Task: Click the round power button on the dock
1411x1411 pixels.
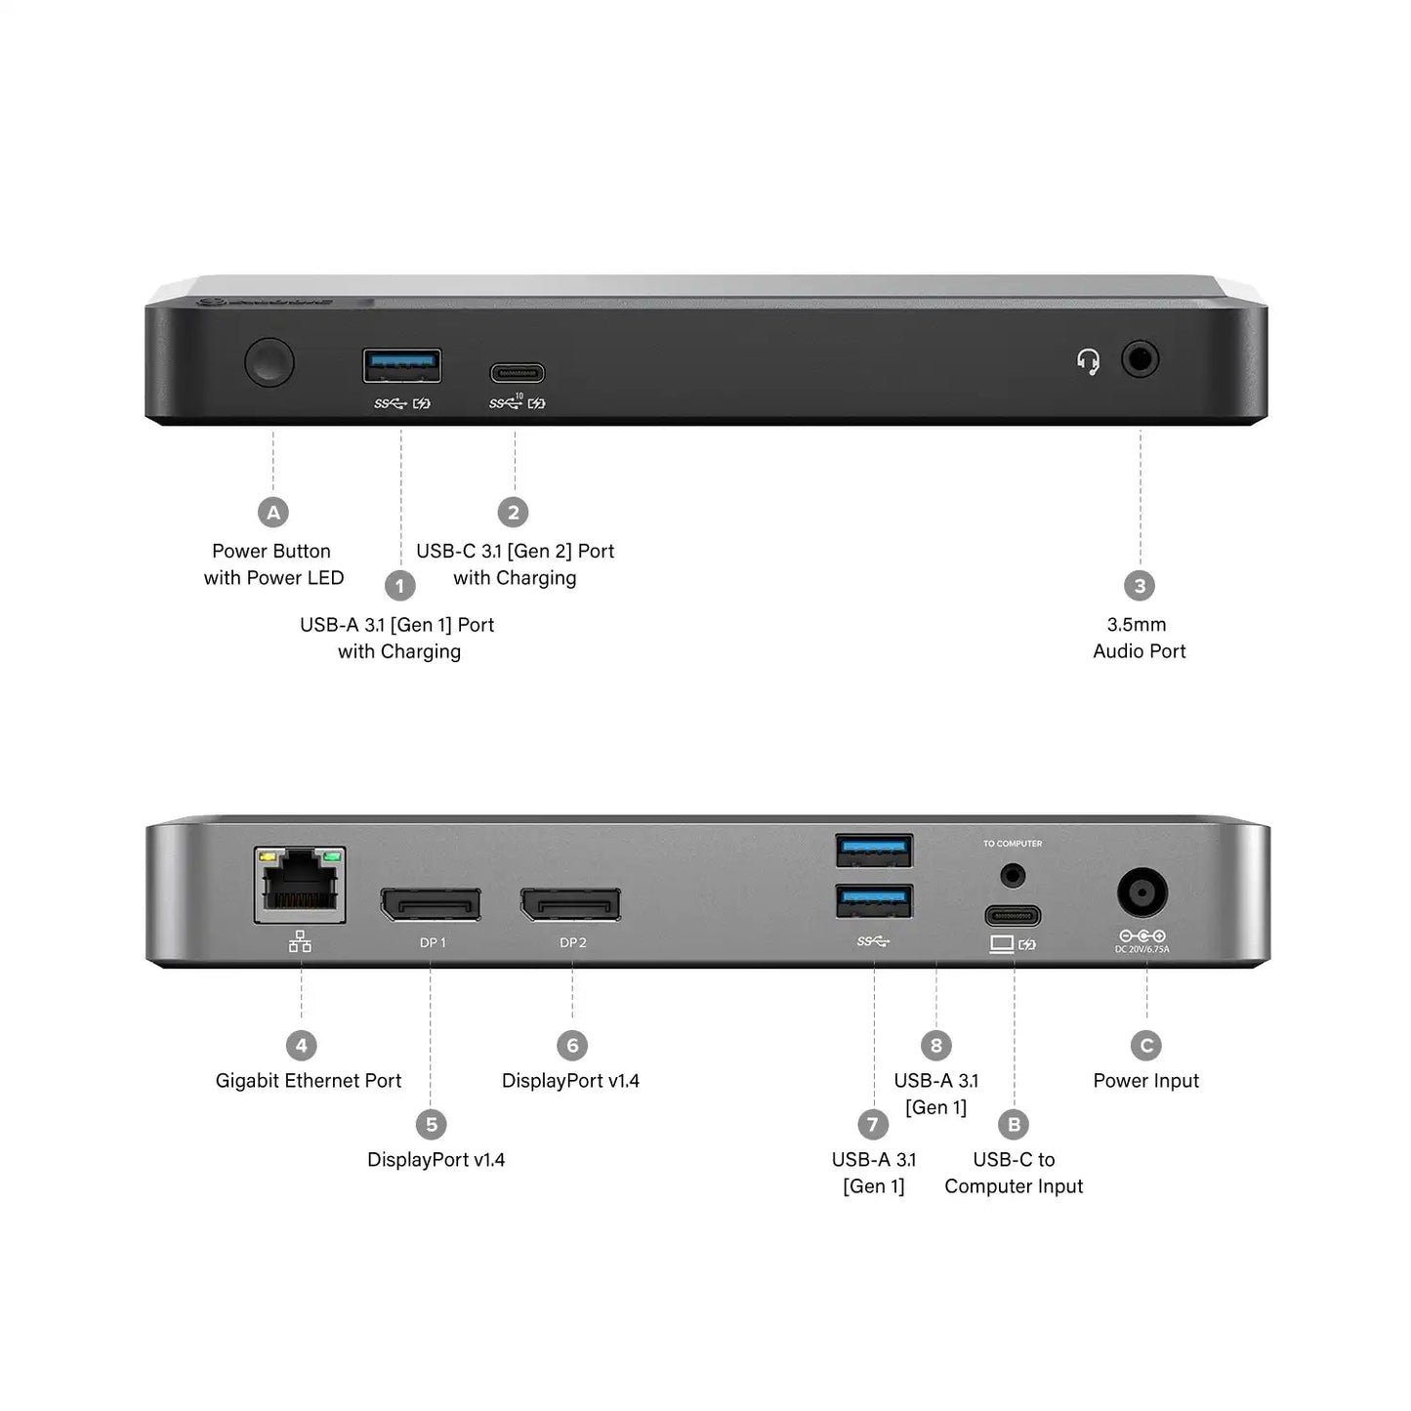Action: pos(269,362)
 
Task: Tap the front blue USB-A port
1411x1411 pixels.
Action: pos(401,365)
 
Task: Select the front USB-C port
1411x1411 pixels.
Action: pos(517,373)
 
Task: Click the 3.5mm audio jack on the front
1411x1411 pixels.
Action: pos(1140,359)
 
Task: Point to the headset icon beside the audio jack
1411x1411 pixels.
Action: pos(1088,361)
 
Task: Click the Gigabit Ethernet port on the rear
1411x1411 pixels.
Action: pos(300,885)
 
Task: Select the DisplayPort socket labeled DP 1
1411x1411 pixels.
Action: pos(431,904)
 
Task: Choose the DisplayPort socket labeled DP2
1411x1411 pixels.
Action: pos(570,904)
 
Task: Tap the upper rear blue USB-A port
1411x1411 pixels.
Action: pos(874,851)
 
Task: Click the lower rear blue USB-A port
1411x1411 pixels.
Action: pos(874,900)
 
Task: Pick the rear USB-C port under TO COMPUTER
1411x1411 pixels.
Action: pos(1013,916)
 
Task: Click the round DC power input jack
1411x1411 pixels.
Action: pos(1141,892)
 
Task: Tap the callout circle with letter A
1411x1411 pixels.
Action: pos(273,513)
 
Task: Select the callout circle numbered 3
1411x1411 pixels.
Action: pos(1140,586)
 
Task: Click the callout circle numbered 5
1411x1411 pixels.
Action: pos(431,1125)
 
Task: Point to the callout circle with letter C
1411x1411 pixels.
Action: pos(1146,1046)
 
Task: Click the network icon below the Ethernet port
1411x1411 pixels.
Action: pos(301,941)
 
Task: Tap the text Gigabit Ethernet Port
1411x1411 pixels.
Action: pos(309,1081)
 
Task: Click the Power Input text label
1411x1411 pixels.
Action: pos(1145,1081)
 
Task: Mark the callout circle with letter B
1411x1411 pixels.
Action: pos(1014,1125)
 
